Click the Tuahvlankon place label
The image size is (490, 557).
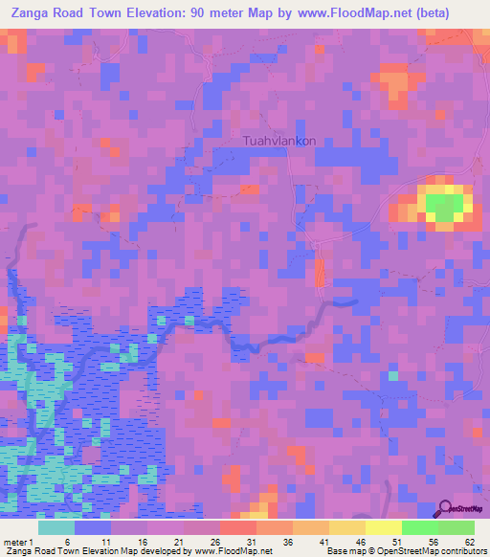point(279,140)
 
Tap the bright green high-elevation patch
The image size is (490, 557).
point(443,206)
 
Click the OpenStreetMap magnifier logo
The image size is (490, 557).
point(444,510)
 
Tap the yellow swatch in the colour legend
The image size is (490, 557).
point(383,527)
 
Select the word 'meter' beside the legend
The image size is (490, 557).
point(14,541)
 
